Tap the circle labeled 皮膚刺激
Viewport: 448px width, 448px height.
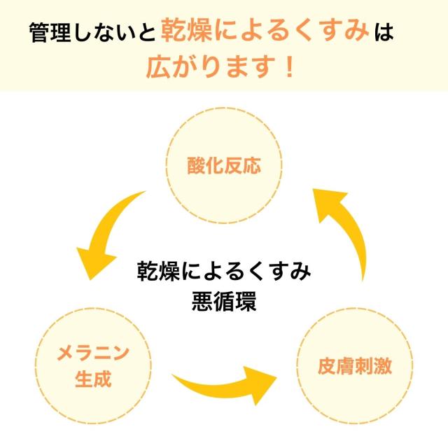[x=354, y=365]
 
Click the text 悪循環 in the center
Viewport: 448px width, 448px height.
[x=223, y=302]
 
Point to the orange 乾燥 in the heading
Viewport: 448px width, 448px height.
[x=185, y=31]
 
